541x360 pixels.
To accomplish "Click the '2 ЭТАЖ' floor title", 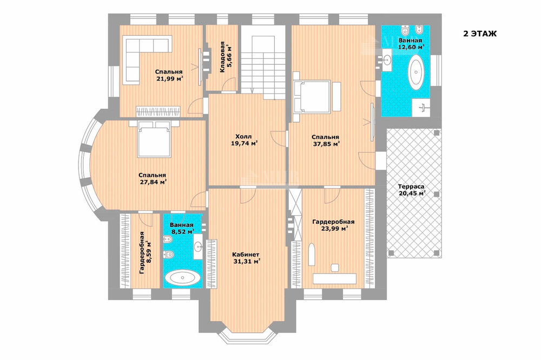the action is point(479,34).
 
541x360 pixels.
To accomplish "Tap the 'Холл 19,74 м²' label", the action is point(245,139).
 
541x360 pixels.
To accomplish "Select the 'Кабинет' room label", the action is point(245,254).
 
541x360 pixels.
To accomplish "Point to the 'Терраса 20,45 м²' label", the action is point(412,190).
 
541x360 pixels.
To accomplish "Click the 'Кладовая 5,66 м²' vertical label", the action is point(225,57).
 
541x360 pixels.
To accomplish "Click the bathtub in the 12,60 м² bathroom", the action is point(416,73).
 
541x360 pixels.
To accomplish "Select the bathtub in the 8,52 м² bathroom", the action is point(182,278).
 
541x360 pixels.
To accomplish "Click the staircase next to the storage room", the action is point(263,62).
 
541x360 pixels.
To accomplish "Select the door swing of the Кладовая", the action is point(228,85).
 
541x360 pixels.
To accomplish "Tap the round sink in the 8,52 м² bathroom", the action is point(197,246).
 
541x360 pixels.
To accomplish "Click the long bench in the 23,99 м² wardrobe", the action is point(334,278).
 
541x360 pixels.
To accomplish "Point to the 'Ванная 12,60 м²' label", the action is point(411,44).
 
